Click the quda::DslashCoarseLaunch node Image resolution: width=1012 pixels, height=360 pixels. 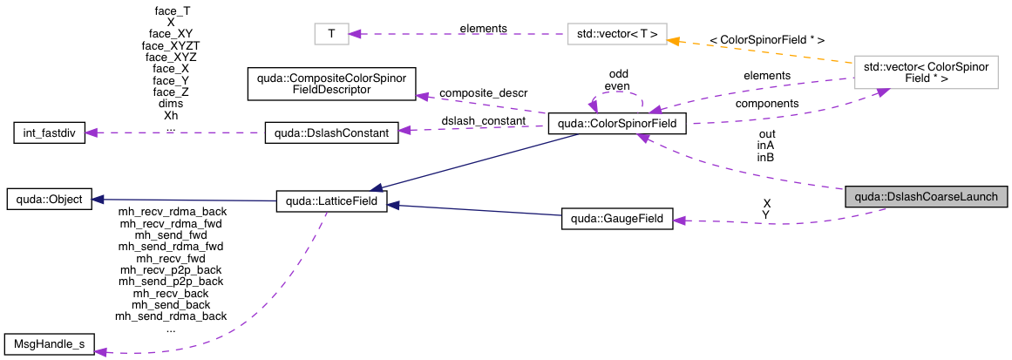[927, 197]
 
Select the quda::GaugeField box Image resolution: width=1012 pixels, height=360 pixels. [617, 220]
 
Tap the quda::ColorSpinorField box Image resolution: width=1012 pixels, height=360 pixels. [617, 126]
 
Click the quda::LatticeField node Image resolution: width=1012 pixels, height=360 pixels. [325, 201]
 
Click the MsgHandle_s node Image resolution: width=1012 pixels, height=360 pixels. [49, 344]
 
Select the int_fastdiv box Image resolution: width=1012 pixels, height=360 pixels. [49, 134]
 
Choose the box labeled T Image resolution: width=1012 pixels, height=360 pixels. [331, 34]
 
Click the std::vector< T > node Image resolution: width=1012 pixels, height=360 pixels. [616, 34]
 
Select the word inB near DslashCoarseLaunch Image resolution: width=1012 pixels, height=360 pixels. [765, 158]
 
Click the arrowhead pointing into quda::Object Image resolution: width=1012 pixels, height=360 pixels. [98, 200]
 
